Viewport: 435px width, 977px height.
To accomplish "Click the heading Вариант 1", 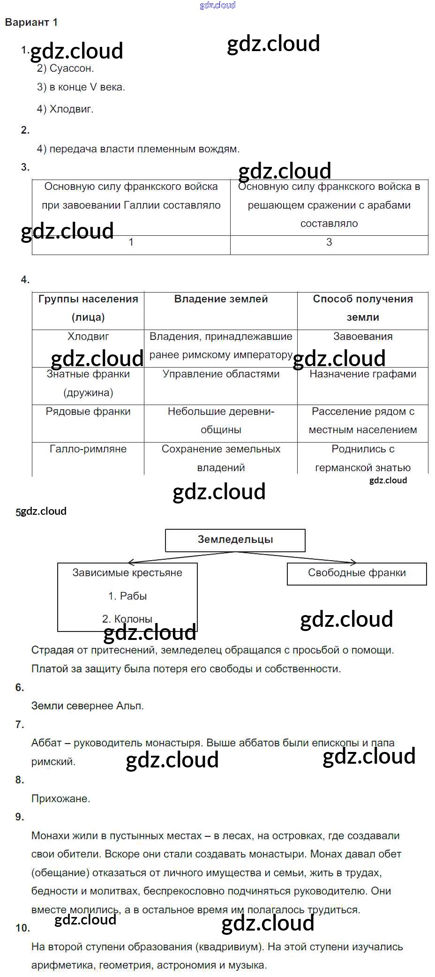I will coord(31,23).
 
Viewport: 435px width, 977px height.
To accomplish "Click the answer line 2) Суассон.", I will coord(66,68).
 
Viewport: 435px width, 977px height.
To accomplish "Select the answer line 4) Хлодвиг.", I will coord(65,109).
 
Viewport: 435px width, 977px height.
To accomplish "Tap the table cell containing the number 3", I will coord(329,242).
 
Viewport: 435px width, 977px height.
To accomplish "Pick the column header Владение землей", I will coord(221,299).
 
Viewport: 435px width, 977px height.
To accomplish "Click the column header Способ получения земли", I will coord(363,308).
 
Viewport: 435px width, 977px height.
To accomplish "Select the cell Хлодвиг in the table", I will coord(88,337).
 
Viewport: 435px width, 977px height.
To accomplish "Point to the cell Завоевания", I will coord(363,337).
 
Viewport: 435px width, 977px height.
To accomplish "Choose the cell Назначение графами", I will coord(363,374).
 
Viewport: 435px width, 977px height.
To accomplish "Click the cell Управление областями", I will coord(221,374).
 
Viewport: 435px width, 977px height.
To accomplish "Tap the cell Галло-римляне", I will coord(88,449).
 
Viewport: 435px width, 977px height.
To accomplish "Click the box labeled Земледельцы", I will coord(235,540).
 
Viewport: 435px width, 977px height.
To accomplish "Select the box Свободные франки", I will coord(357,573).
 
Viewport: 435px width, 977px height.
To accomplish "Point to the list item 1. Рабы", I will coord(127,596).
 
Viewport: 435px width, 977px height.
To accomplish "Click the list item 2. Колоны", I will coord(127,619).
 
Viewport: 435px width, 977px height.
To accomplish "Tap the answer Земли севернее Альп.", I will coord(88,706).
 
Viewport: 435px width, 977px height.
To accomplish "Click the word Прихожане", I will coord(61,799).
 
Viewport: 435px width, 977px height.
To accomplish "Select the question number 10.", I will coord(22,928).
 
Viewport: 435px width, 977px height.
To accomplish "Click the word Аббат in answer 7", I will coord(46,743).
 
